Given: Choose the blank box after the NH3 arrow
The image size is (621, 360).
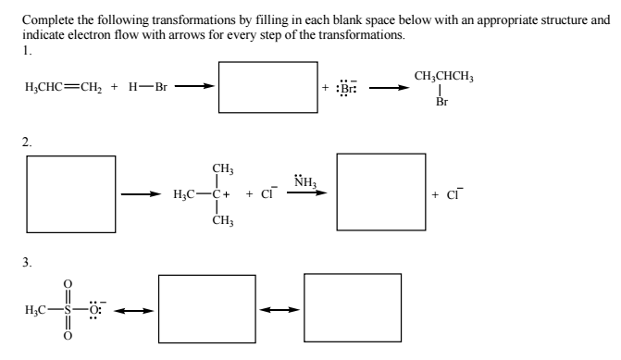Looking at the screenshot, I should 379,193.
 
